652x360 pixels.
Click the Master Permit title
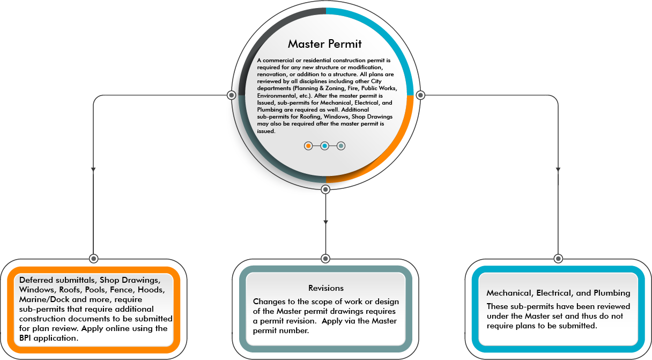(x=325, y=44)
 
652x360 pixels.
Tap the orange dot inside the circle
(x=308, y=145)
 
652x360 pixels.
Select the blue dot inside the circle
(x=324, y=145)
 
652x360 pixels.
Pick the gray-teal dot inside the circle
(x=341, y=145)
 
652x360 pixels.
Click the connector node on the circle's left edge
(x=231, y=95)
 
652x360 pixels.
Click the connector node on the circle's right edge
(x=420, y=95)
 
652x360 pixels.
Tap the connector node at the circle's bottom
(x=325, y=189)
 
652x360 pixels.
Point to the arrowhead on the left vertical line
(x=93, y=170)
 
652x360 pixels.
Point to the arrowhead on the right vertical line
(x=558, y=170)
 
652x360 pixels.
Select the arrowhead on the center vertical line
(x=325, y=221)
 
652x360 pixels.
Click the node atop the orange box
(x=93, y=258)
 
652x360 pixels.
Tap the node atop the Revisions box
(x=325, y=258)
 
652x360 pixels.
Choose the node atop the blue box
(x=558, y=258)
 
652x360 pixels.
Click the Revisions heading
(x=326, y=288)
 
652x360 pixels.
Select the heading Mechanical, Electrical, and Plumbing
(x=558, y=293)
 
